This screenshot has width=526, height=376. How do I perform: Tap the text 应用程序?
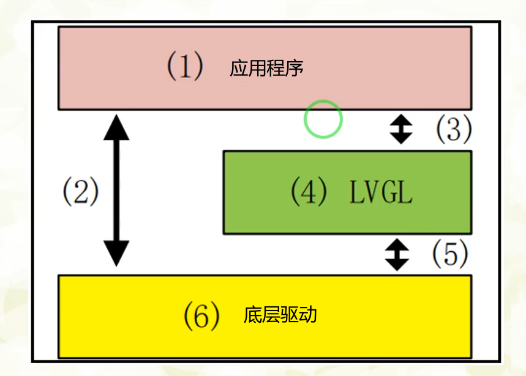pyautogui.click(x=267, y=68)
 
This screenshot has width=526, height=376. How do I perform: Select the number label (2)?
pyautogui.click(x=80, y=192)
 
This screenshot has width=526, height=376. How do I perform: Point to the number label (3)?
pyautogui.click(x=453, y=128)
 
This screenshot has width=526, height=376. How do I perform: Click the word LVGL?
pyautogui.click(x=381, y=193)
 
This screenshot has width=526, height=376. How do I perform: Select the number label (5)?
pyautogui.click(x=450, y=254)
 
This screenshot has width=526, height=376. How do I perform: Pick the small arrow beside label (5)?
pyautogui.click(x=397, y=254)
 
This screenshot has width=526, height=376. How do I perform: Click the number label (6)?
pyautogui.click(x=201, y=315)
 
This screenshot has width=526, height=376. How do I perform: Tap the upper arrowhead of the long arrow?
pyautogui.click(x=116, y=125)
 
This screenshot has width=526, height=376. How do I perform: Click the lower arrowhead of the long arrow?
pyautogui.click(x=116, y=254)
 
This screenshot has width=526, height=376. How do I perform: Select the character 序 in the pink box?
pyautogui.click(x=295, y=68)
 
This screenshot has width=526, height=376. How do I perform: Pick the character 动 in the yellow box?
pyautogui.click(x=307, y=315)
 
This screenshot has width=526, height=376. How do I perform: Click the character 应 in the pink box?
pyautogui.click(x=239, y=68)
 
